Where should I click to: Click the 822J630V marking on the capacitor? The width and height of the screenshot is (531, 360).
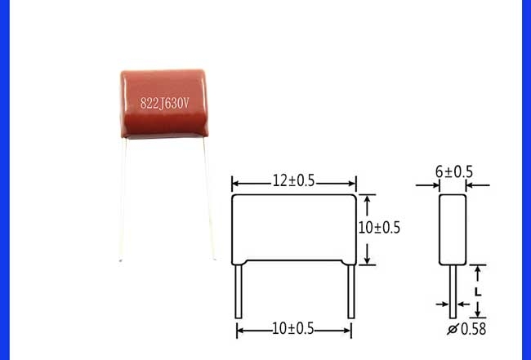pos(164,103)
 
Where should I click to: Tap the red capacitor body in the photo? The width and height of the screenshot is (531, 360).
pos(164,104)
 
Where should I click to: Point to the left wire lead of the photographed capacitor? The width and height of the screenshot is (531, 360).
pos(123,199)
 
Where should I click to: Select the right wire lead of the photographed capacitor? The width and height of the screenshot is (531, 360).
pos(210,198)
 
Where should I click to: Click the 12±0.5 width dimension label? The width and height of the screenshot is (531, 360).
pos(293,181)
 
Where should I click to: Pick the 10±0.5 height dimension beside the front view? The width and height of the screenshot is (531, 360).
pos(379,228)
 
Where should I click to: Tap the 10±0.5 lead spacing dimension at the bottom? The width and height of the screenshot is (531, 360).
pos(293,329)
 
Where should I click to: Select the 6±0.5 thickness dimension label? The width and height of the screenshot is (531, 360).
pos(453,172)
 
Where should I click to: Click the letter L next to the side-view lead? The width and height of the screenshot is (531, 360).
pos(478,292)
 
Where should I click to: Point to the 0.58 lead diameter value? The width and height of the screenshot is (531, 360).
pos(474,329)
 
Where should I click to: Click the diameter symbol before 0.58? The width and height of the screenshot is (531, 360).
pos(453,329)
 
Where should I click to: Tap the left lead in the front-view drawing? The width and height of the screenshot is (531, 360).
pos(239,291)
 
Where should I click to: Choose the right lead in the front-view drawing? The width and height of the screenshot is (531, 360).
pos(351,291)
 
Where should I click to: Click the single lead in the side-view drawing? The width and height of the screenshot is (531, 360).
pos(453,291)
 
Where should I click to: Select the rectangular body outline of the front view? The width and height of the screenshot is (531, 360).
pos(294,229)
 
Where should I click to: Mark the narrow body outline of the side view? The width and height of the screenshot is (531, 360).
pos(453,229)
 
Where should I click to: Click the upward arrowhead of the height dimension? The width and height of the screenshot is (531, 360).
pos(367,200)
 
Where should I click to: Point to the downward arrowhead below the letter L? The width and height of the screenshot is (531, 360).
pos(478,313)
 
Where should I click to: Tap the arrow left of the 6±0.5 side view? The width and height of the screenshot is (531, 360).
pos(427,185)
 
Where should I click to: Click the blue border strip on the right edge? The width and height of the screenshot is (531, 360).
pos(527,180)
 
